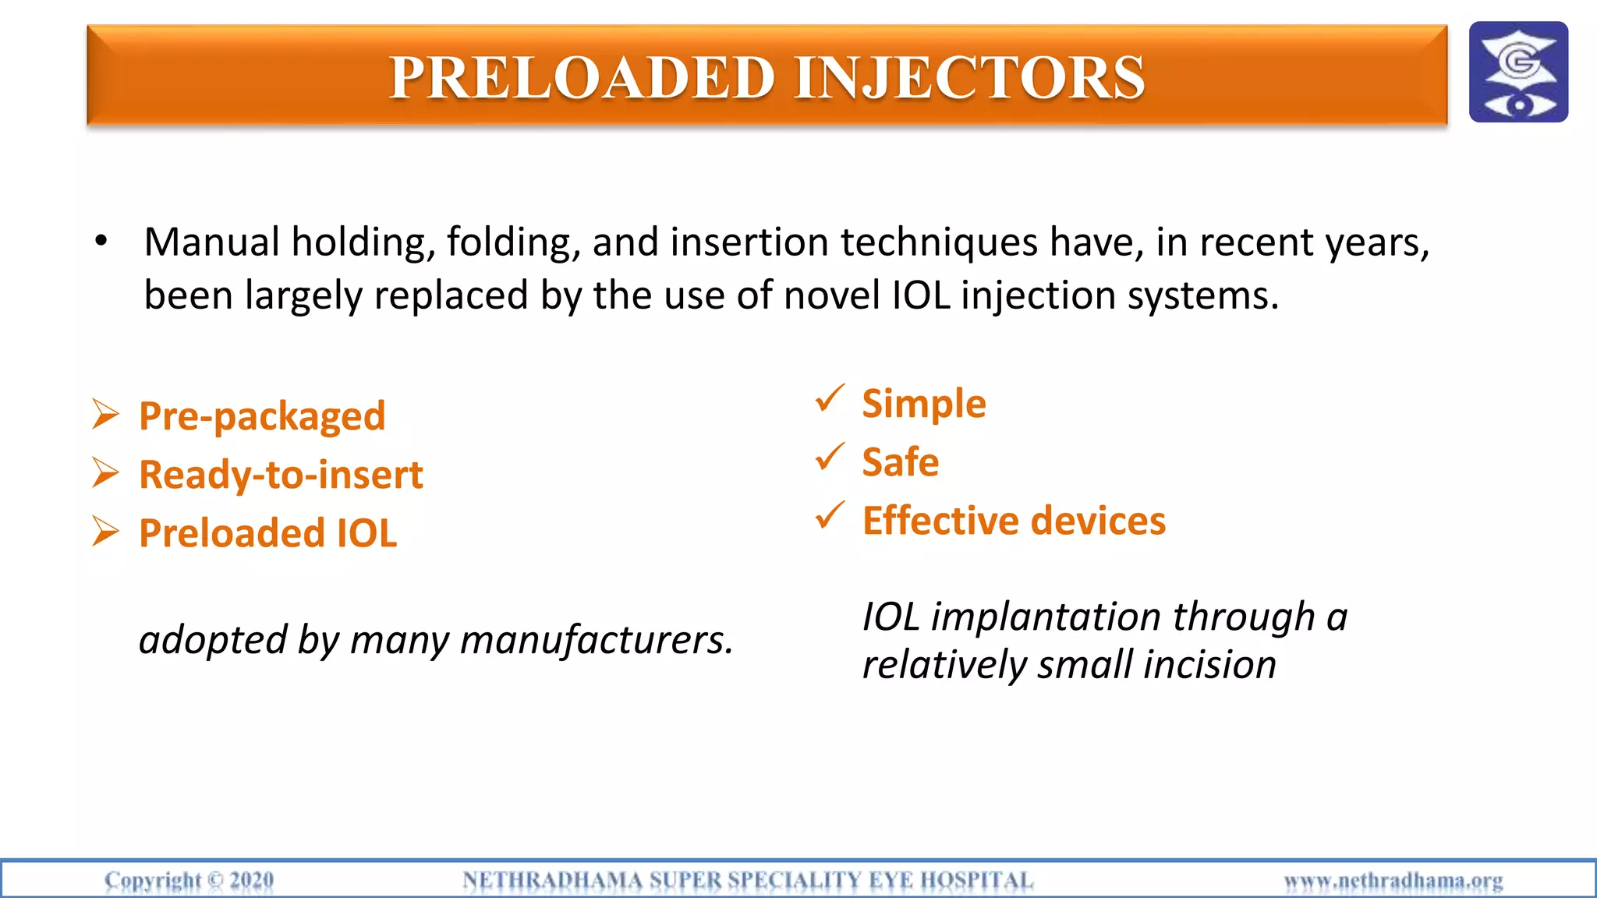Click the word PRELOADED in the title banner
click(582, 78)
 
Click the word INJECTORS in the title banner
click(969, 78)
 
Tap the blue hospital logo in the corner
click(1517, 72)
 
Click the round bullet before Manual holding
click(101, 242)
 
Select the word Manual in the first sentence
click(211, 242)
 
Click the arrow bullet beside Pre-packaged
click(105, 415)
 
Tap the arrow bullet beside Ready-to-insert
click(105, 473)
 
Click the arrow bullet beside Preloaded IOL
click(105, 532)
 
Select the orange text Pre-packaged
click(262, 416)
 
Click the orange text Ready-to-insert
click(281, 475)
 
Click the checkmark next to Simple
click(829, 398)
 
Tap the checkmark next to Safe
click(829, 457)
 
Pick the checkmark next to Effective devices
click(829, 515)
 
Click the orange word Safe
click(900, 461)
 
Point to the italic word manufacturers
click(597, 640)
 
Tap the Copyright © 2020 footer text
click(189, 880)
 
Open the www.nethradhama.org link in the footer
click(1393, 881)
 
